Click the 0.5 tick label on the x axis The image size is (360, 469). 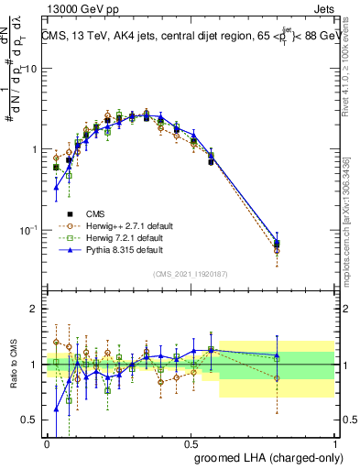click(191, 442)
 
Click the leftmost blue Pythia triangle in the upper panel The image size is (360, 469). click(57, 187)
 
